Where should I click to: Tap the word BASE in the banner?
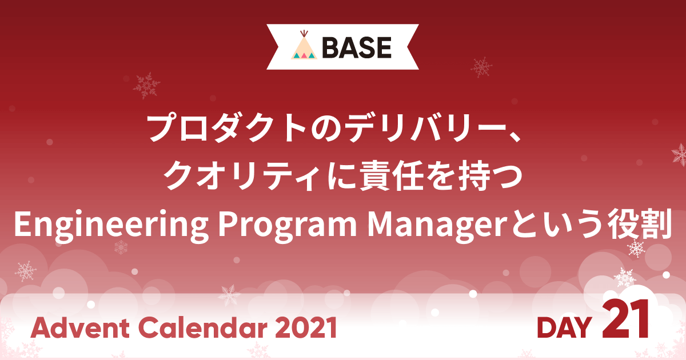(x=357, y=47)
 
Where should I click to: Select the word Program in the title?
(x=287, y=225)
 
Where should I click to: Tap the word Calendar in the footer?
(x=204, y=327)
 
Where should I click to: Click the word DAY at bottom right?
(x=564, y=328)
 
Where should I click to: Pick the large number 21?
(x=625, y=319)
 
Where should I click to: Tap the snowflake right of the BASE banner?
(x=481, y=67)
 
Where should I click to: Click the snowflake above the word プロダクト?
(x=147, y=85)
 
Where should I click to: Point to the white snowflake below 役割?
(x=636, y=248)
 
